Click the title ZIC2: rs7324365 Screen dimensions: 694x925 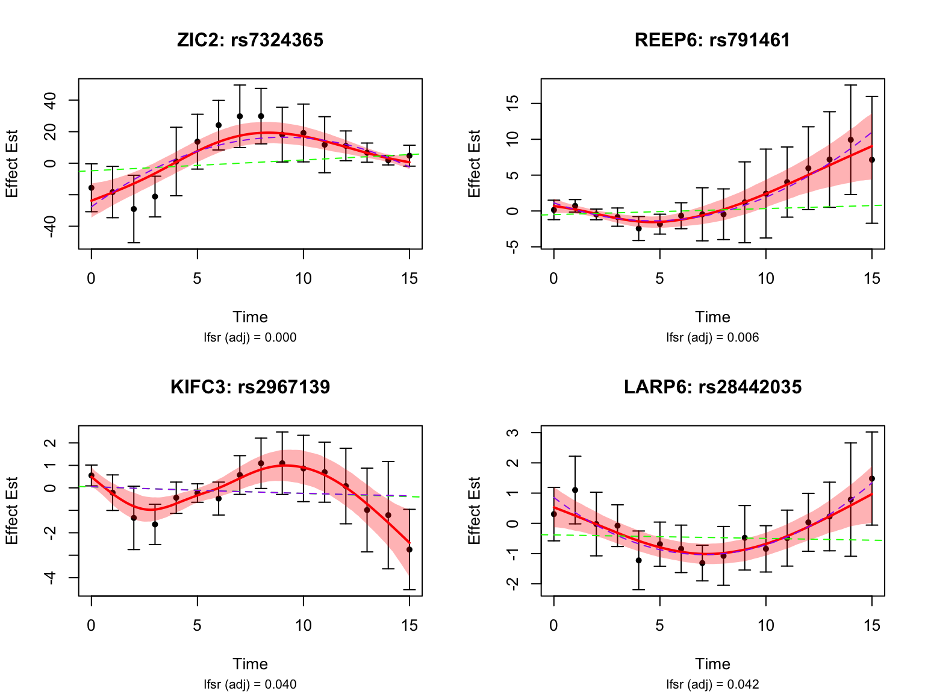(x=250, y=40)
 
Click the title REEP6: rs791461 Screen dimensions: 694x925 (x=712, y=40)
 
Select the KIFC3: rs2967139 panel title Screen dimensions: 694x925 (x=250, y=387)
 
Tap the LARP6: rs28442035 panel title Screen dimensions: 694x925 (x=712, y=387)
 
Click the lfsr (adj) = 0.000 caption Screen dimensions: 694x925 (x=250, y=337)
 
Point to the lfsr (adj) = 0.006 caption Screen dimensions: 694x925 (x=712, y=337)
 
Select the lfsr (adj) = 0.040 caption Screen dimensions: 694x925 (x=250, y=684)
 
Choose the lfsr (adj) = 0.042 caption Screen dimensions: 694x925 (x=712, y=684)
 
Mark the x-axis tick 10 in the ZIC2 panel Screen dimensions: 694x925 (x=304, y=278)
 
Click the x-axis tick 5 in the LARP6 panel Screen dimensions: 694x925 (x=659, y=625)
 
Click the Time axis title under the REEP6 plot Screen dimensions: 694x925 (x=712, y=317)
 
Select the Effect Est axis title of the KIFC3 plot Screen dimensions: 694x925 (x=12, y=511)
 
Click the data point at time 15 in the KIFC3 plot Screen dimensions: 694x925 (x=410, y=549)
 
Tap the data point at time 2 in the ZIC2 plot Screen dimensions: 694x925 (x=134, y=209)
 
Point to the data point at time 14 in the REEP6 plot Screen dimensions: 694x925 (x=850, y=140)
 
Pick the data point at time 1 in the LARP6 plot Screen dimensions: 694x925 (x=575, y=490)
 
